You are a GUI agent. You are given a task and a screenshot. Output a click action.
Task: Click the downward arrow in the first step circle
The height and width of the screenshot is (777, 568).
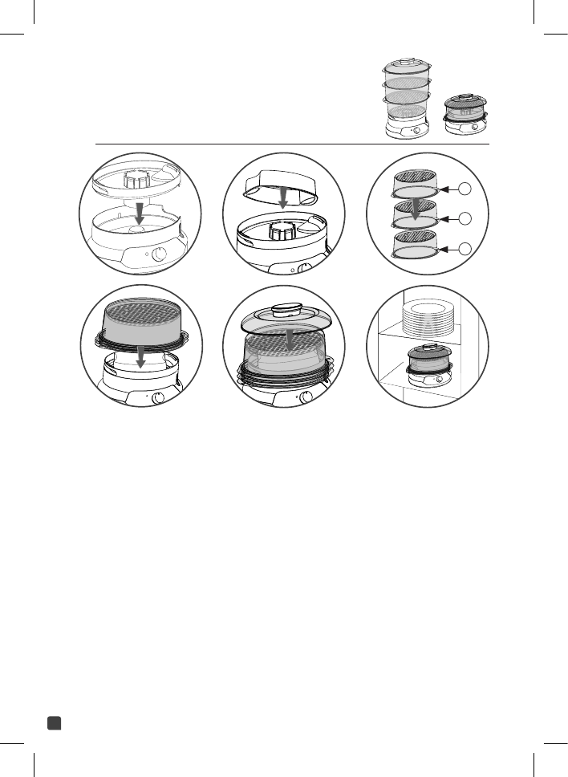139,214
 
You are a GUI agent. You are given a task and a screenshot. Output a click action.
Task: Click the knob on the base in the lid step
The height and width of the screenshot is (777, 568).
306,397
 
